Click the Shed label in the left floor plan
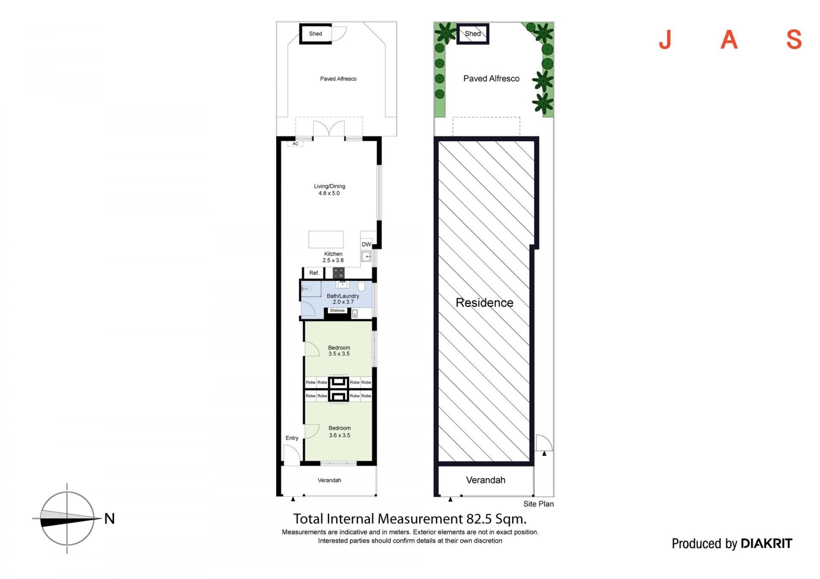tap(316, 34)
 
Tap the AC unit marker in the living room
tap(295, 144)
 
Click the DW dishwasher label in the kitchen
tap(366, 244)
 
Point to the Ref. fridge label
tap(314, 273)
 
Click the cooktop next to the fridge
tap(339, 273)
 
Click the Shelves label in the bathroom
tap(337, 311)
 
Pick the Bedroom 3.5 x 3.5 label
tap(339, 351)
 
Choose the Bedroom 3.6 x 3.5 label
tap(340, 431)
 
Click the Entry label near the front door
tap(292, 438)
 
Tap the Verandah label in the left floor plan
tap(329, 480)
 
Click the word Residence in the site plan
tap(484, 303)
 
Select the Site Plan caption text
tap(539, 504)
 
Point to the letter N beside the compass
tap(109, 518)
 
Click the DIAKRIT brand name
tap(766, 543)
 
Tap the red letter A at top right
tap(729, 40)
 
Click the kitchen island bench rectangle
tap(326, 239)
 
